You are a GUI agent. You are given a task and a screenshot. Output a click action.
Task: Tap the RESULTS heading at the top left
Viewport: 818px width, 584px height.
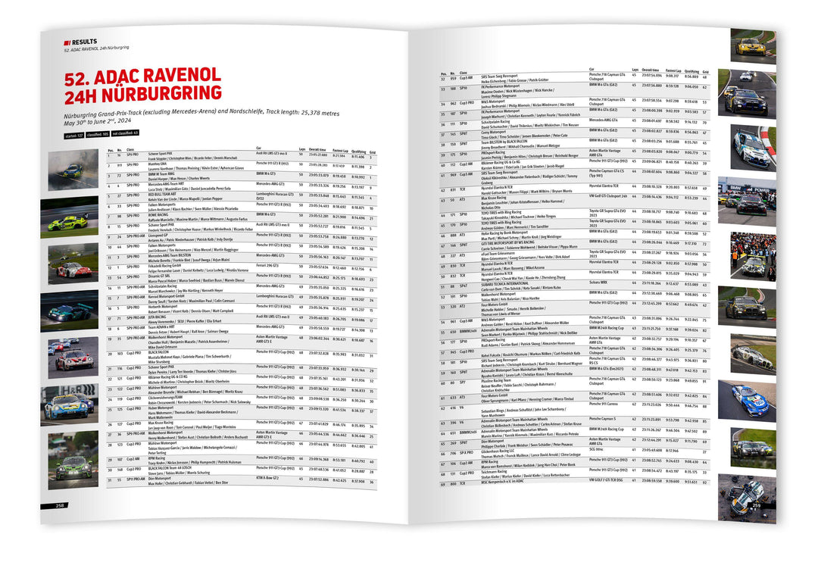[85, 42]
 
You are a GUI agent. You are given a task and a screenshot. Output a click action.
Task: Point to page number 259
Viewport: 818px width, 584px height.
[756, 504]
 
